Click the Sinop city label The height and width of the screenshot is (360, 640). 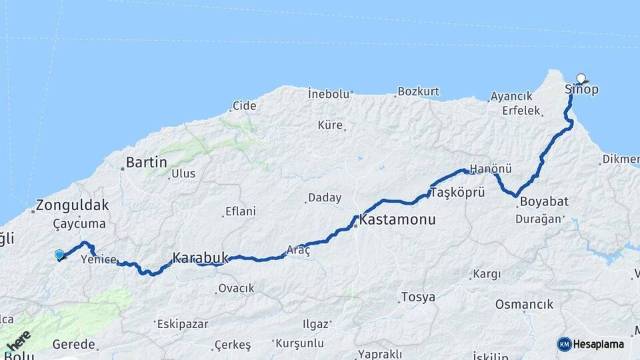(581, 89)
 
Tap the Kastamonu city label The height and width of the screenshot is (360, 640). (397, 219)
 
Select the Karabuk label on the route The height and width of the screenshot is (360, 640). (200, 257)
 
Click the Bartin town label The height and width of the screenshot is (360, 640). (146, 162)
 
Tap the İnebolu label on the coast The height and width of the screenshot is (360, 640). (329, 93)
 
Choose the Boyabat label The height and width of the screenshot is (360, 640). (544, 201)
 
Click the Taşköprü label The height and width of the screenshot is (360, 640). (457, 192)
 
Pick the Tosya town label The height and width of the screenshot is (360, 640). (418, 297)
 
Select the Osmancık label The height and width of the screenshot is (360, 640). (524, 304)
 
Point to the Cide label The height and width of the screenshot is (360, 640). (244, 105)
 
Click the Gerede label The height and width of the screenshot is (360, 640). (75, 345)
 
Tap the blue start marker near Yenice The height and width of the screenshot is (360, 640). (59, 254)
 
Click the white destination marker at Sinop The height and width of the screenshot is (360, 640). (581, 78)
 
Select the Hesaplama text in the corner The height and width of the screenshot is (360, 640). (599, 344)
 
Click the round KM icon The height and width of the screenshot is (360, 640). (564, 344)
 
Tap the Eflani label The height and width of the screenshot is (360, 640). (241, 211)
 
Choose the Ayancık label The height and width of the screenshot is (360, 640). (511, 96)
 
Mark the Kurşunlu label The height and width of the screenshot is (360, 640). (302, 343)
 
